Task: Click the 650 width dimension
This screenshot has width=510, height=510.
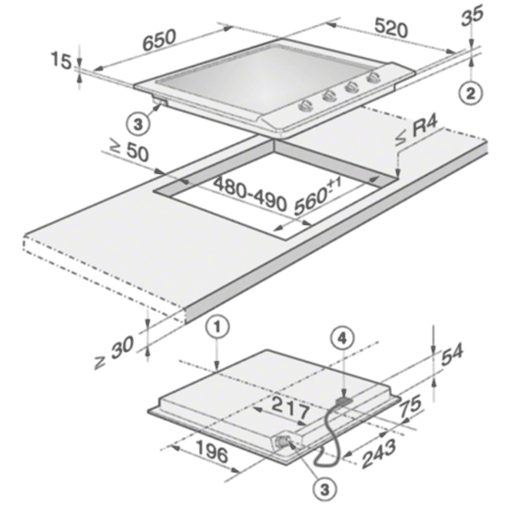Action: tap(160, 40)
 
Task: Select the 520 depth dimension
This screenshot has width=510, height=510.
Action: tap(391, 28)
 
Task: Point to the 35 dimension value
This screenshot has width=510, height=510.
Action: tap(473, 15)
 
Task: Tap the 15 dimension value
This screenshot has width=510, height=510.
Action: tap(61, 61)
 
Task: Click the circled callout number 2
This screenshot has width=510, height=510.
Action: tap(471, 93)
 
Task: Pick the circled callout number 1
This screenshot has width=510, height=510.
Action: tap(218, 328)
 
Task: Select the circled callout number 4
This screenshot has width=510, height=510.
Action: tap(342, 339)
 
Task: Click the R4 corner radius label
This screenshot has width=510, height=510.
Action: tap(417, 132)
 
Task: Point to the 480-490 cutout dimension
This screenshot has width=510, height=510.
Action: tap(250, 194)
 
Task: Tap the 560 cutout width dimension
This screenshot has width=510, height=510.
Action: tap(318, 197)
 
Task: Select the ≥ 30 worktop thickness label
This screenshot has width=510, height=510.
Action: tap(114, 352)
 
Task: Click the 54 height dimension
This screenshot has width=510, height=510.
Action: tap(452, 356)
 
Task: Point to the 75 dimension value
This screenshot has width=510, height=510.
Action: tap(411, 405)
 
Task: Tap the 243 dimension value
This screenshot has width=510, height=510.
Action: tap(379, 453)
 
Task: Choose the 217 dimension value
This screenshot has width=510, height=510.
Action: tap(291, 408)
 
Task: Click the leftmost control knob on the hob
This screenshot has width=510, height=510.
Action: tap(306, 105)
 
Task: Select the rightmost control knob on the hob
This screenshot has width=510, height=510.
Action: tap(373, 77)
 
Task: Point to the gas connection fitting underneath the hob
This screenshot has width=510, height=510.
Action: tap(282, 442)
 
